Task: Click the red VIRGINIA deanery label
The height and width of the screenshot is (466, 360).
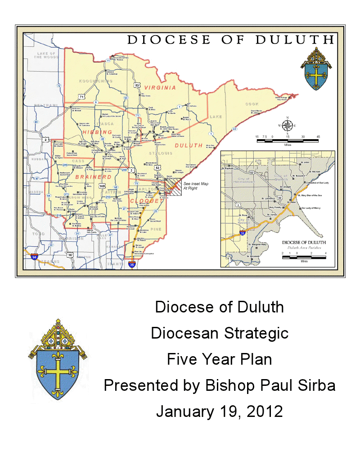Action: click(160, 87)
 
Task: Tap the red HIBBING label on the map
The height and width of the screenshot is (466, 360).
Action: click(97, 131)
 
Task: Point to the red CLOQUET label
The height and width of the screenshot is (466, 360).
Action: click(144, 201)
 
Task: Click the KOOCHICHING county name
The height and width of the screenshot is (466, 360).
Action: click(96, 81)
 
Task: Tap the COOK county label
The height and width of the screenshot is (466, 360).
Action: click(252, 104)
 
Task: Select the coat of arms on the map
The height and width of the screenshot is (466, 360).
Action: click(318, 70)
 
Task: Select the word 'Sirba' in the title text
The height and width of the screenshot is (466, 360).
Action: click(315, 385)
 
